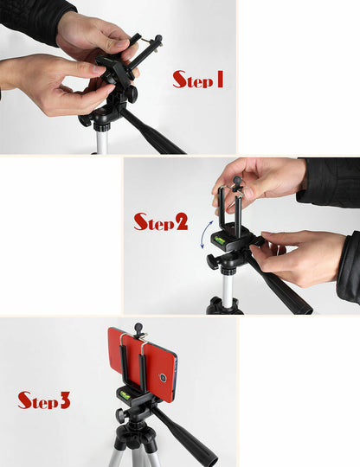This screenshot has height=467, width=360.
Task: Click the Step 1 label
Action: [x=198, y=80]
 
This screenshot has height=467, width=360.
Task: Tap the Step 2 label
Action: [x=160, y=221]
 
